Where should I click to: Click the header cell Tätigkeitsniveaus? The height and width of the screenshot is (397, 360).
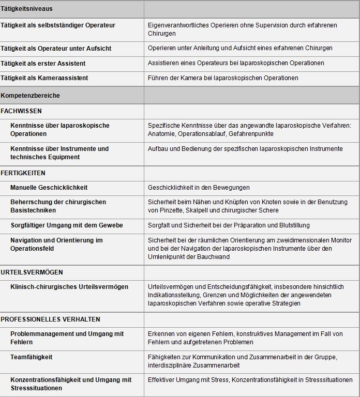[27, 9]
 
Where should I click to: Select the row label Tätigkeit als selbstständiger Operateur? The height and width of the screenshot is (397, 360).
[58, 25]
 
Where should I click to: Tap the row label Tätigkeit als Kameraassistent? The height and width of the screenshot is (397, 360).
[44, 78]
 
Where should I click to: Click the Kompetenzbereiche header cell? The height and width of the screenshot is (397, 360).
[31, 96]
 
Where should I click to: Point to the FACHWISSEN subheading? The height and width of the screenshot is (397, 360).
[21, 111]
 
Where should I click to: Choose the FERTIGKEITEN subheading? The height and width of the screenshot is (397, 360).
[23, 173]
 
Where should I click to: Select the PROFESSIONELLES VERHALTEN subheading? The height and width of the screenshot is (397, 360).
[51, 319]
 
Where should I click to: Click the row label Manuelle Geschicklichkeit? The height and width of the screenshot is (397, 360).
[49, 187]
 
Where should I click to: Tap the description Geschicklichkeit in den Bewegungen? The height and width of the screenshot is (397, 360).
[199, 187]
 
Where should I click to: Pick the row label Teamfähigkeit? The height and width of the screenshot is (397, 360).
[32, 357]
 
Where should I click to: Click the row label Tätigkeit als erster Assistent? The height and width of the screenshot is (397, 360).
[43, 63]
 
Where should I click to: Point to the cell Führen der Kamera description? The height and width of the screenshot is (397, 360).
[223, 78]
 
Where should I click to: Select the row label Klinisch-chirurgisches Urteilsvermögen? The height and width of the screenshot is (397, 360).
[69, 286]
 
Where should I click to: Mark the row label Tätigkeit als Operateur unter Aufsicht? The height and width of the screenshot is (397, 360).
[56, 48]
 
